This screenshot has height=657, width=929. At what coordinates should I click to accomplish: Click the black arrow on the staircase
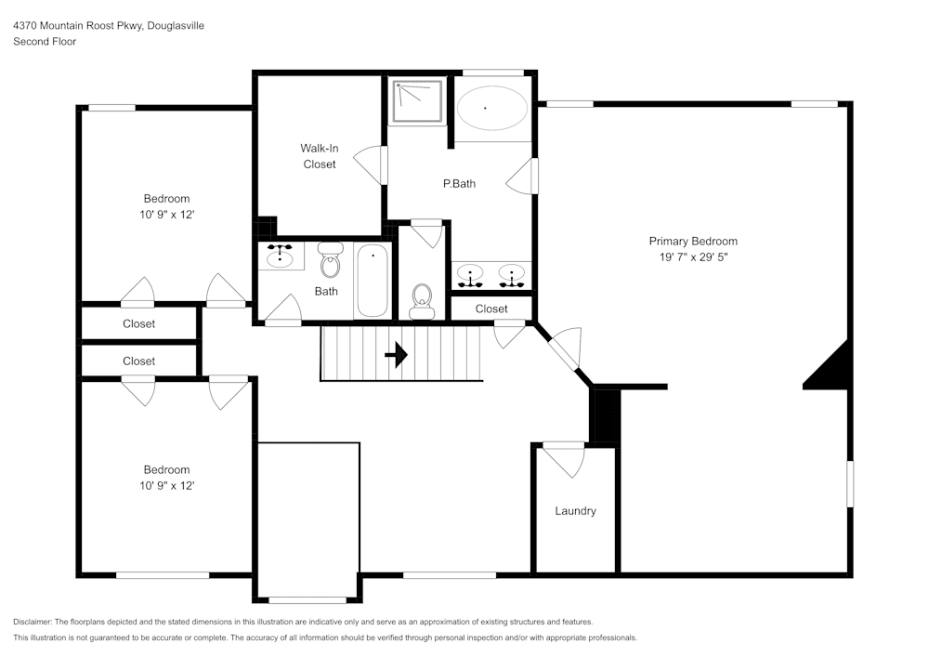click(397, 354)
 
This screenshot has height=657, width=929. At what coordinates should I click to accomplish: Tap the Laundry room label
click(575, 511)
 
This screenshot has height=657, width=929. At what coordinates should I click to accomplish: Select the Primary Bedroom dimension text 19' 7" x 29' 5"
click(693, 257)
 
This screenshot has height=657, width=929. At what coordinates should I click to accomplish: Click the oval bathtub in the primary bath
click(491, 108)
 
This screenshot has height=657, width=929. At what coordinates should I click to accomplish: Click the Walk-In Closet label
click(319, 156)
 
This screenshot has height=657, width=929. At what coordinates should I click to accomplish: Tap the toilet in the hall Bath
click(330, 261)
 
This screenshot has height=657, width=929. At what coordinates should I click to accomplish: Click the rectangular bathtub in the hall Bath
click(372, 280)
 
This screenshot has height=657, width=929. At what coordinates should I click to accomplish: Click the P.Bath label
click(459, 184)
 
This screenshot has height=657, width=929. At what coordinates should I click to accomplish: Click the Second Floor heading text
click(45, 42)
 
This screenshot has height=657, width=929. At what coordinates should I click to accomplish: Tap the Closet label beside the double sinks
click(491, 309)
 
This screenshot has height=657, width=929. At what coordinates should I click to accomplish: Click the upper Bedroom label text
click(166, 199)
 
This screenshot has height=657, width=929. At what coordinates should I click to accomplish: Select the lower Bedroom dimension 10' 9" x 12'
click(166, 485)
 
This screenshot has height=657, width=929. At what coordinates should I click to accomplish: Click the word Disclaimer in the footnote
click(33, 622)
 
